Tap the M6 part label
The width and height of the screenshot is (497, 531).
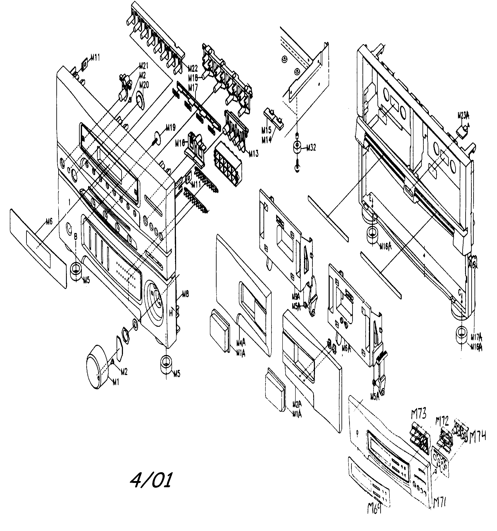click(x=49, y=221)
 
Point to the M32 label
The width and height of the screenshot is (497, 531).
click(x=311, y=148)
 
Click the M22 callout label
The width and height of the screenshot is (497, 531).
click(x=193, y=69)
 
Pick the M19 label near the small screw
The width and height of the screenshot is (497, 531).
click(x=171, y=128)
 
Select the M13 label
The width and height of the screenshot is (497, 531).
click(x=253, y=154)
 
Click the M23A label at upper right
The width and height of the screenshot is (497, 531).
click(x=463, y=116)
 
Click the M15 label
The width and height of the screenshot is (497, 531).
click(x=266, y=130)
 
